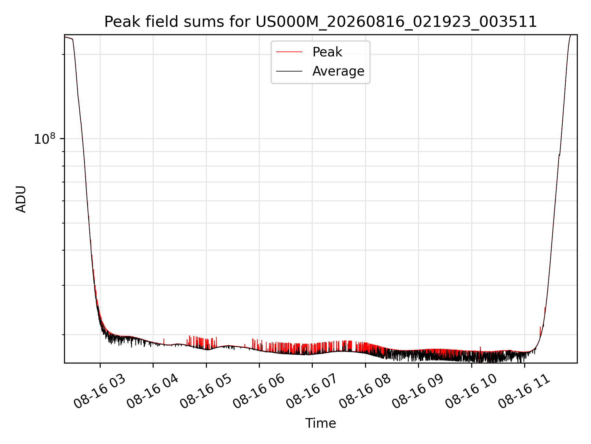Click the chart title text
point(320,22)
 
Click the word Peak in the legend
point(327,52)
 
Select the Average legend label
point(338,71)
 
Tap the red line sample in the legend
point(289,52)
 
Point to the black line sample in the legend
point(289,71)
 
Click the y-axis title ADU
point(21,199)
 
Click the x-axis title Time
point(320,423)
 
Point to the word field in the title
point(162,22)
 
